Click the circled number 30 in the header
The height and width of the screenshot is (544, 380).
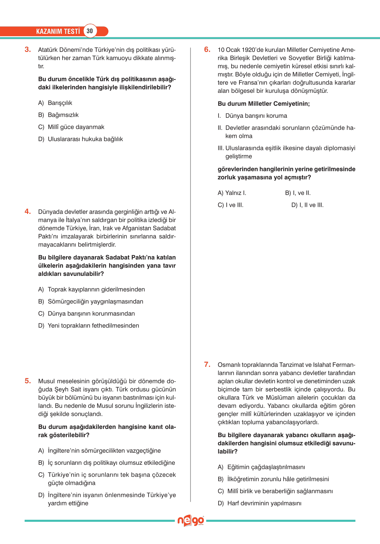(90, 31)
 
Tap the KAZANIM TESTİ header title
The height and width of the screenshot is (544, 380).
(58, 31)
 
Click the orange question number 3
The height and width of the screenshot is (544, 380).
(28, 50)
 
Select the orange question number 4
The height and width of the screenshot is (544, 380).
(28, 211)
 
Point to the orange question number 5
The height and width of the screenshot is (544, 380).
(28, 381)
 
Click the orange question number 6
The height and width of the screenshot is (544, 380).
(207, 50)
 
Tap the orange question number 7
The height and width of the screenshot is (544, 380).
(207, 364)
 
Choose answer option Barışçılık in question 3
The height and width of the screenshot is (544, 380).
(60, 103)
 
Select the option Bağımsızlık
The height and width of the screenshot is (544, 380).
(63, 115)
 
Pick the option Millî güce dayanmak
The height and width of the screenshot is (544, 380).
(76, 127)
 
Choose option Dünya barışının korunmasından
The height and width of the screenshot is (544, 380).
(91, 313)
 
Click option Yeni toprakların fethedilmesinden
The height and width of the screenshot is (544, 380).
(93, 325)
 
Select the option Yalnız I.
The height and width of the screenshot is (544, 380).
(235, 193)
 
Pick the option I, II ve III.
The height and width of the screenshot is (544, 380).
(311, 205)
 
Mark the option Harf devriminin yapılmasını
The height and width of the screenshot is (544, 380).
(264, 503)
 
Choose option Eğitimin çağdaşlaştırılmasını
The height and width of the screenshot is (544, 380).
(266, 467)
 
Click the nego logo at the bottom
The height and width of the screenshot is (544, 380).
(191, 521)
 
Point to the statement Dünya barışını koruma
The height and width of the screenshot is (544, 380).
(256, 116)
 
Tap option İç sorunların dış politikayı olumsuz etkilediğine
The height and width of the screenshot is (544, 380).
(111, 463)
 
